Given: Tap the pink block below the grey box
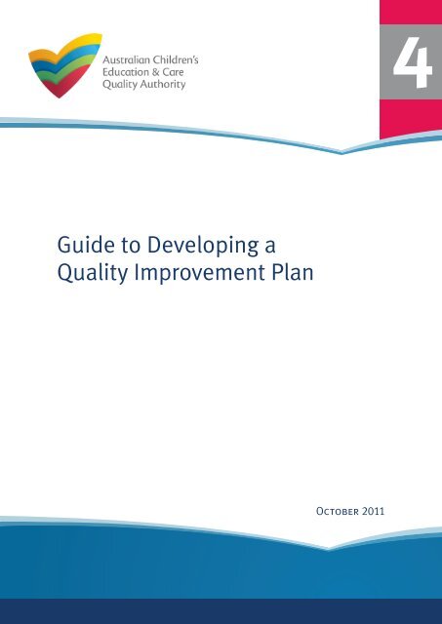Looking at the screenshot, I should tap(410, 125).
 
